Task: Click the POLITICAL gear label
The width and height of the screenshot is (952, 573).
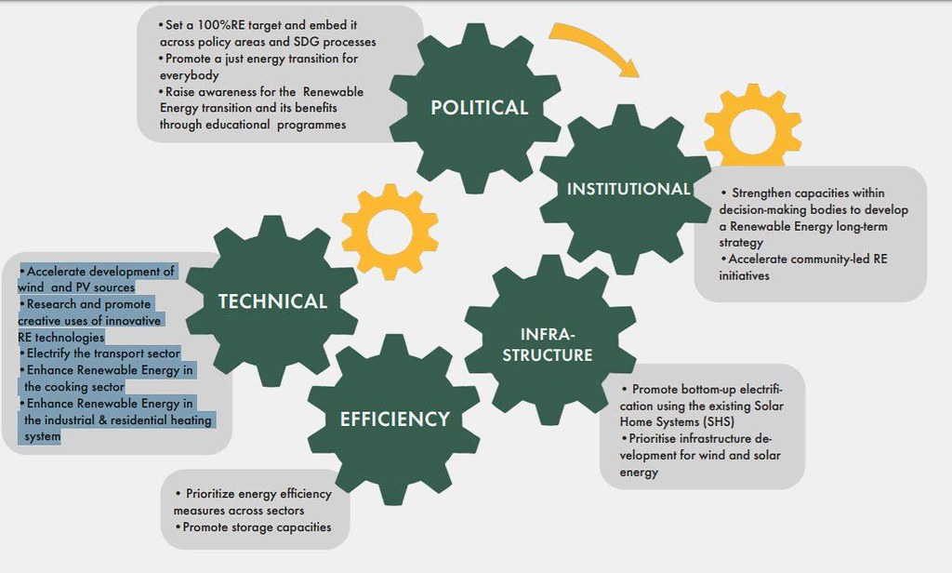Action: [480, 108]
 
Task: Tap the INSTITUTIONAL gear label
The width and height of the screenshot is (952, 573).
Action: [628, 189]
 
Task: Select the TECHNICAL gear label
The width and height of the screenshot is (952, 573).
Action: [272, 301]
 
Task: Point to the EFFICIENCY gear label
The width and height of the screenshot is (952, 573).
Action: [394, 420]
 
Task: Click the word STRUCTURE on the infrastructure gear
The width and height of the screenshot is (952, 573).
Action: [547, 355]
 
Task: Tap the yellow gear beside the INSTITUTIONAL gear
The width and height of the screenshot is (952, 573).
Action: [753, 126]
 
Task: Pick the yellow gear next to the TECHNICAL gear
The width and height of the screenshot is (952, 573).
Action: [390, 232]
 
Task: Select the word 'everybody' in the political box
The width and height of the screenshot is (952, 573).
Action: [190, 76]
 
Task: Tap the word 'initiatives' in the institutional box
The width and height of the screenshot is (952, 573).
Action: [745, 276]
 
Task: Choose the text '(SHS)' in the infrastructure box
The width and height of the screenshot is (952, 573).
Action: [719, 422]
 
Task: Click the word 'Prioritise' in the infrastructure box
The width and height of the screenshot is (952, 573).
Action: [653, 439]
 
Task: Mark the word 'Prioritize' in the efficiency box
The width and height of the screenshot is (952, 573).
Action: [210, 494]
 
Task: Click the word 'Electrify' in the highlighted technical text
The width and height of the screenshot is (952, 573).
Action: [48, 353]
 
